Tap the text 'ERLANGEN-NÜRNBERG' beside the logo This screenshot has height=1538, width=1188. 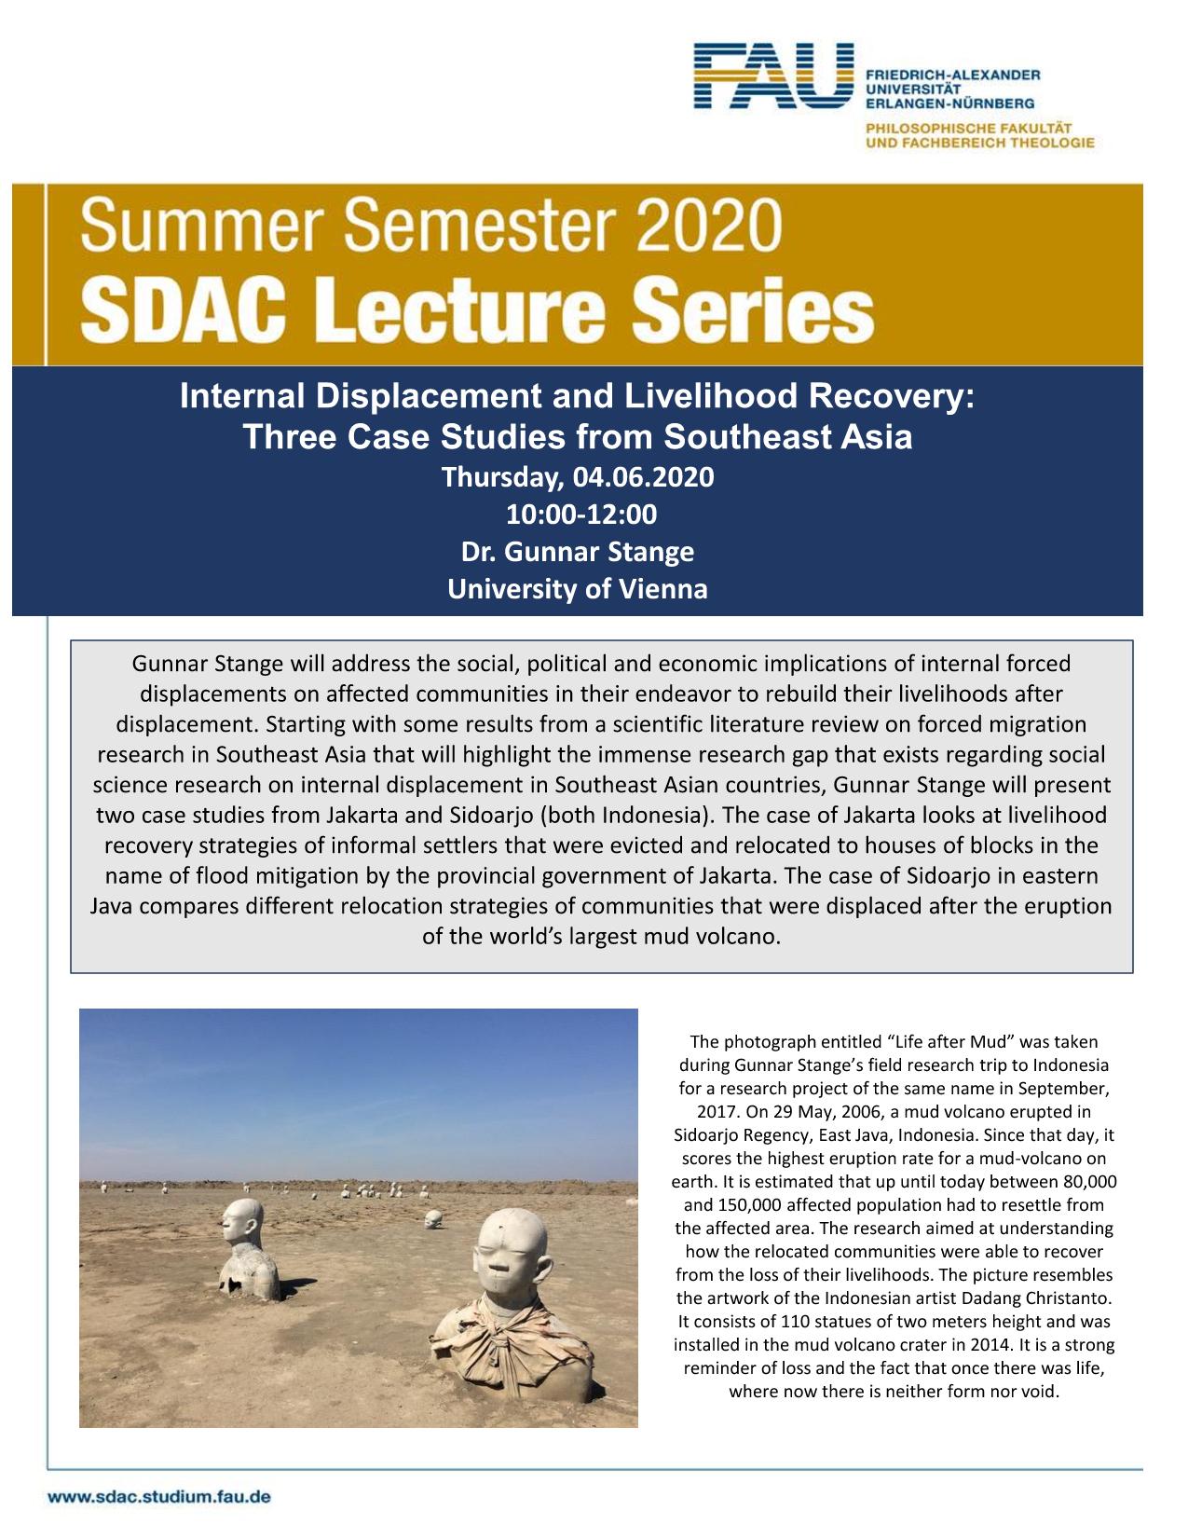(949, 102)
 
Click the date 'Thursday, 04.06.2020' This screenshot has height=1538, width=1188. (578, 477)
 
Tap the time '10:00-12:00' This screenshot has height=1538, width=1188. (578, 515)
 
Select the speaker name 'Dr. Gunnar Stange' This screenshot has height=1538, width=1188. (578, 552)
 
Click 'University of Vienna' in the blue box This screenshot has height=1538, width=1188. (578, 589)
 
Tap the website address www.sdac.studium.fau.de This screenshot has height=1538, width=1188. (159, 1497)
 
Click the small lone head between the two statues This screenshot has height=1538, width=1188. (432, 1218)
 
